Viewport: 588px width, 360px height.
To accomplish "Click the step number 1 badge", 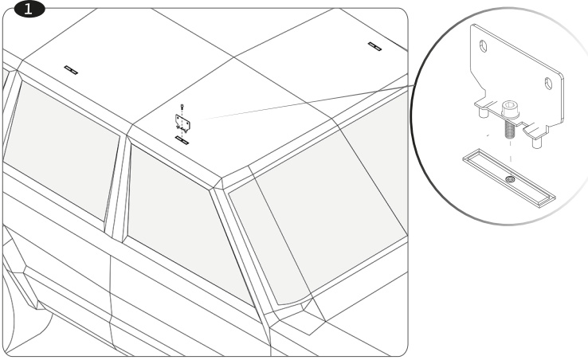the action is coord(29,10).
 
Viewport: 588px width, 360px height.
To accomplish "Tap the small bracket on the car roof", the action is coord(182,123).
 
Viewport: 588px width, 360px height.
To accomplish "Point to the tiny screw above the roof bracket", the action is coord(182,107).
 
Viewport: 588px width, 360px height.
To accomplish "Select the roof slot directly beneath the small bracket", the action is coord(182,140).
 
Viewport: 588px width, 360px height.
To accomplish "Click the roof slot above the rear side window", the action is coord(71,70).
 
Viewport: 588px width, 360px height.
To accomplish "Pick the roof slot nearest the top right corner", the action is coord(374,46).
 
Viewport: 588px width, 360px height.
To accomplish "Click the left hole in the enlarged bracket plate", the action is coord(484,46).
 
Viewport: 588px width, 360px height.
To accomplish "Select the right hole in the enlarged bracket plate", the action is coord(548,84).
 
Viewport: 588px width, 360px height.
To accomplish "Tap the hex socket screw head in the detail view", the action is coord(511,108).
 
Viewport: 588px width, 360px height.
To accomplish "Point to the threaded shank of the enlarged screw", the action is coord(511,128).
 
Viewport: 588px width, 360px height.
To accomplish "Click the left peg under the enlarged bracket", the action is coord(483,112).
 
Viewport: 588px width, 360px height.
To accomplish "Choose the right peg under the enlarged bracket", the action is coord(536,143).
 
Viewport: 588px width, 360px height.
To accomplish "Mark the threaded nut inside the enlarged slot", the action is coord(509,180).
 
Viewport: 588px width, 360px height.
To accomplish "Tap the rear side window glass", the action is coord(62,150).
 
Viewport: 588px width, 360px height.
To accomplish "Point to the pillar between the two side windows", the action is coord(117,187).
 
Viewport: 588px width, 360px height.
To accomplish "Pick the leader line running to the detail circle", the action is coord(308,103).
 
